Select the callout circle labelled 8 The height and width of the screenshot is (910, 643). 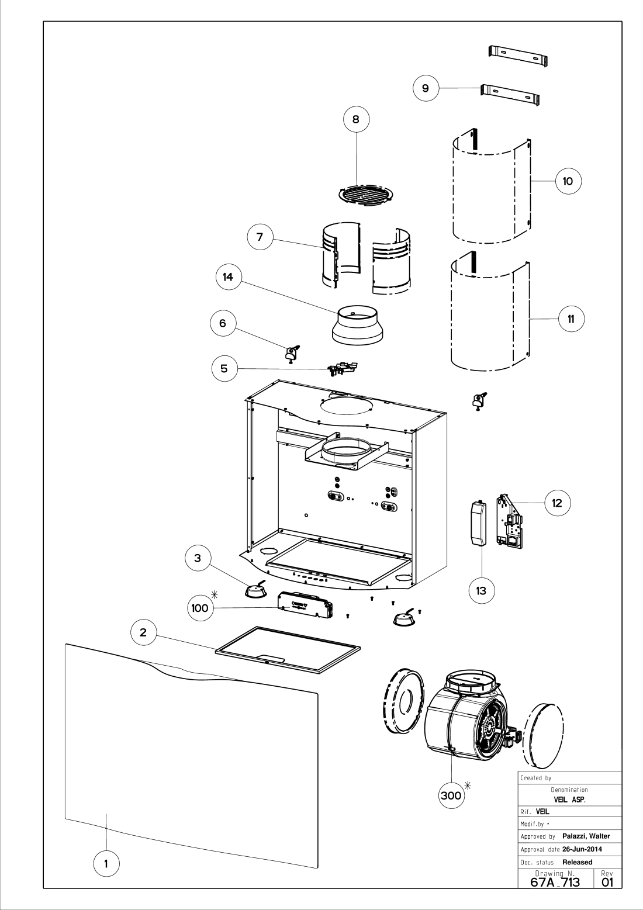click(357, 119)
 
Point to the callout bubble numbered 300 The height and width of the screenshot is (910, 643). click(451, 795)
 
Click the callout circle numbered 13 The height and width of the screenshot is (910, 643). click(481, 591)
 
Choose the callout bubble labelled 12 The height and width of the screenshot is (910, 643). click(557, 502)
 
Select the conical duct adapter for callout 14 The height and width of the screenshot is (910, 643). click(357, 327)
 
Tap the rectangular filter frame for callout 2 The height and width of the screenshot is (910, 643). click(288, 651)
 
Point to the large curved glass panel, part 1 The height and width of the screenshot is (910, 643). click(193, 754)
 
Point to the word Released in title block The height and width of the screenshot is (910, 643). click(577, 862)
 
